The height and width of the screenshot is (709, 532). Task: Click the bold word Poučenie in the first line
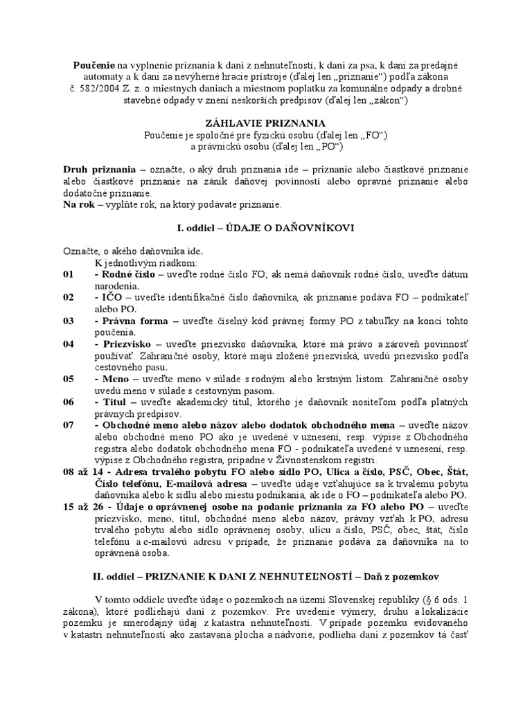pos(95,64)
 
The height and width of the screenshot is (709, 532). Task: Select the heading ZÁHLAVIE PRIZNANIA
pos(265,122)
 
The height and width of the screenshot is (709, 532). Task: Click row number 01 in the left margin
pos(69,274)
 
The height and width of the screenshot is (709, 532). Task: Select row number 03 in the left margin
pos(69,322)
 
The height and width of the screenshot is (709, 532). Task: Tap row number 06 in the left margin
pos(69,402)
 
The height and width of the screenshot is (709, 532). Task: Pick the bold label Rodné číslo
pos(127,274)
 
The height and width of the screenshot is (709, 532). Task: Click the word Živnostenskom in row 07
pos(325,460)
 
